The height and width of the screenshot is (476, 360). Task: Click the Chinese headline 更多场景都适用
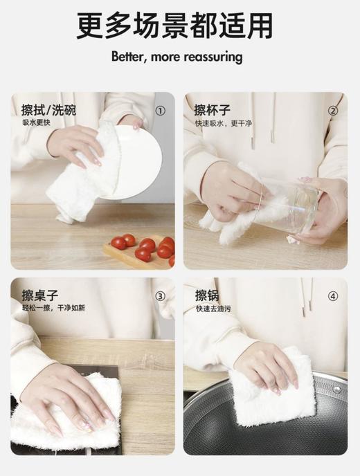pos(174,26)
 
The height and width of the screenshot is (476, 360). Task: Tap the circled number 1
pos(161,111)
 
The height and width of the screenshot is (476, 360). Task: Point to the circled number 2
pos(333,111)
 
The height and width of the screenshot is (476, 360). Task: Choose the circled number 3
pos(161,296)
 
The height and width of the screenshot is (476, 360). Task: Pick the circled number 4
pos(333,296)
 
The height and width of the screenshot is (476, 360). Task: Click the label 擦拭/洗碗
pos(48,109)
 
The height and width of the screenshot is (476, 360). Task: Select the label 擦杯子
pos(213,109)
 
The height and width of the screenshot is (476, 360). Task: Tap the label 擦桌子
pos(39,295)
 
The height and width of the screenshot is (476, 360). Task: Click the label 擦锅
pos(207,295)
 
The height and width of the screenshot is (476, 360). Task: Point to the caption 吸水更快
pos(36,122)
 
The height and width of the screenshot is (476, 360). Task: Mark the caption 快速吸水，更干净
pos(224,123)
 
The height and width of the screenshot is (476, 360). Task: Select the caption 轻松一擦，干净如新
pos(53,308)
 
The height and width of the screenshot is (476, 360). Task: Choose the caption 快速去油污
pos(213,309)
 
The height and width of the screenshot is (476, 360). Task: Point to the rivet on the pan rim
pos(336,390)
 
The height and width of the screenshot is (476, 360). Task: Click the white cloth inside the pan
pos(271,390)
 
